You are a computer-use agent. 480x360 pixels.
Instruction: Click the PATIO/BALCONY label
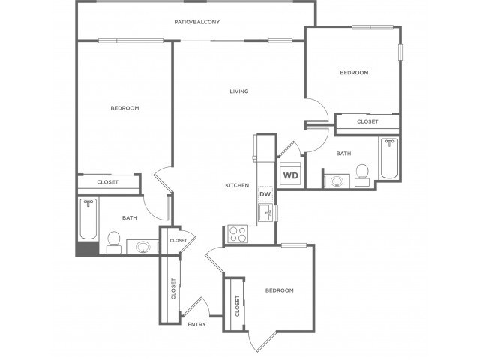(x=196, y=22)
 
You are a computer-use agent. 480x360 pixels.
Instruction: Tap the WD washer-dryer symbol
(x=290, y=173)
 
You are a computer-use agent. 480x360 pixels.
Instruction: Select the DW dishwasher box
(x=265, y=194)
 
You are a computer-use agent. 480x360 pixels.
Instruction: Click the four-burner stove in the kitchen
(x=238, y=234)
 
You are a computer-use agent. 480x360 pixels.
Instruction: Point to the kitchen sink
(x=265, y=213)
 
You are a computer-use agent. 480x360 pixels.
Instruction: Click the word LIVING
(x=239, y=91)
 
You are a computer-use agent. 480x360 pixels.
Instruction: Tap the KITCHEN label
(x=237, y=185)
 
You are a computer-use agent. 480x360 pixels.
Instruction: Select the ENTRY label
(x=196, y=324)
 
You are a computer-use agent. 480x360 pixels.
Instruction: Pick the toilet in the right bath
(x=362, y=175)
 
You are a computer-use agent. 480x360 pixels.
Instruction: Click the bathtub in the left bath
(x=88, y=220)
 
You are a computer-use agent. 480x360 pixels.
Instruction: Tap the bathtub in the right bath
(x=389, y=158)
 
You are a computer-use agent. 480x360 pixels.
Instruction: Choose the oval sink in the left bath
(x=142, y=247)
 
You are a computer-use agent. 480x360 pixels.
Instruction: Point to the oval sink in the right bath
(x=337, y=181)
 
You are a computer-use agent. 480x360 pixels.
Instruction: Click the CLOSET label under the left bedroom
(x=107, y=182)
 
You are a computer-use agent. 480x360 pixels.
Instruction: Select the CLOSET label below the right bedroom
(x=367, y=121)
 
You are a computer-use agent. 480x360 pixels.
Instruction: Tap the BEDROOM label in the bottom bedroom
(x=280, y=290)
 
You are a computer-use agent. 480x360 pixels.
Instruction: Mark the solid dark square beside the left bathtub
(x=87, y=248)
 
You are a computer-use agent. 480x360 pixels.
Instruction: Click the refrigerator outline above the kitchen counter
(x=255, y=148)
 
